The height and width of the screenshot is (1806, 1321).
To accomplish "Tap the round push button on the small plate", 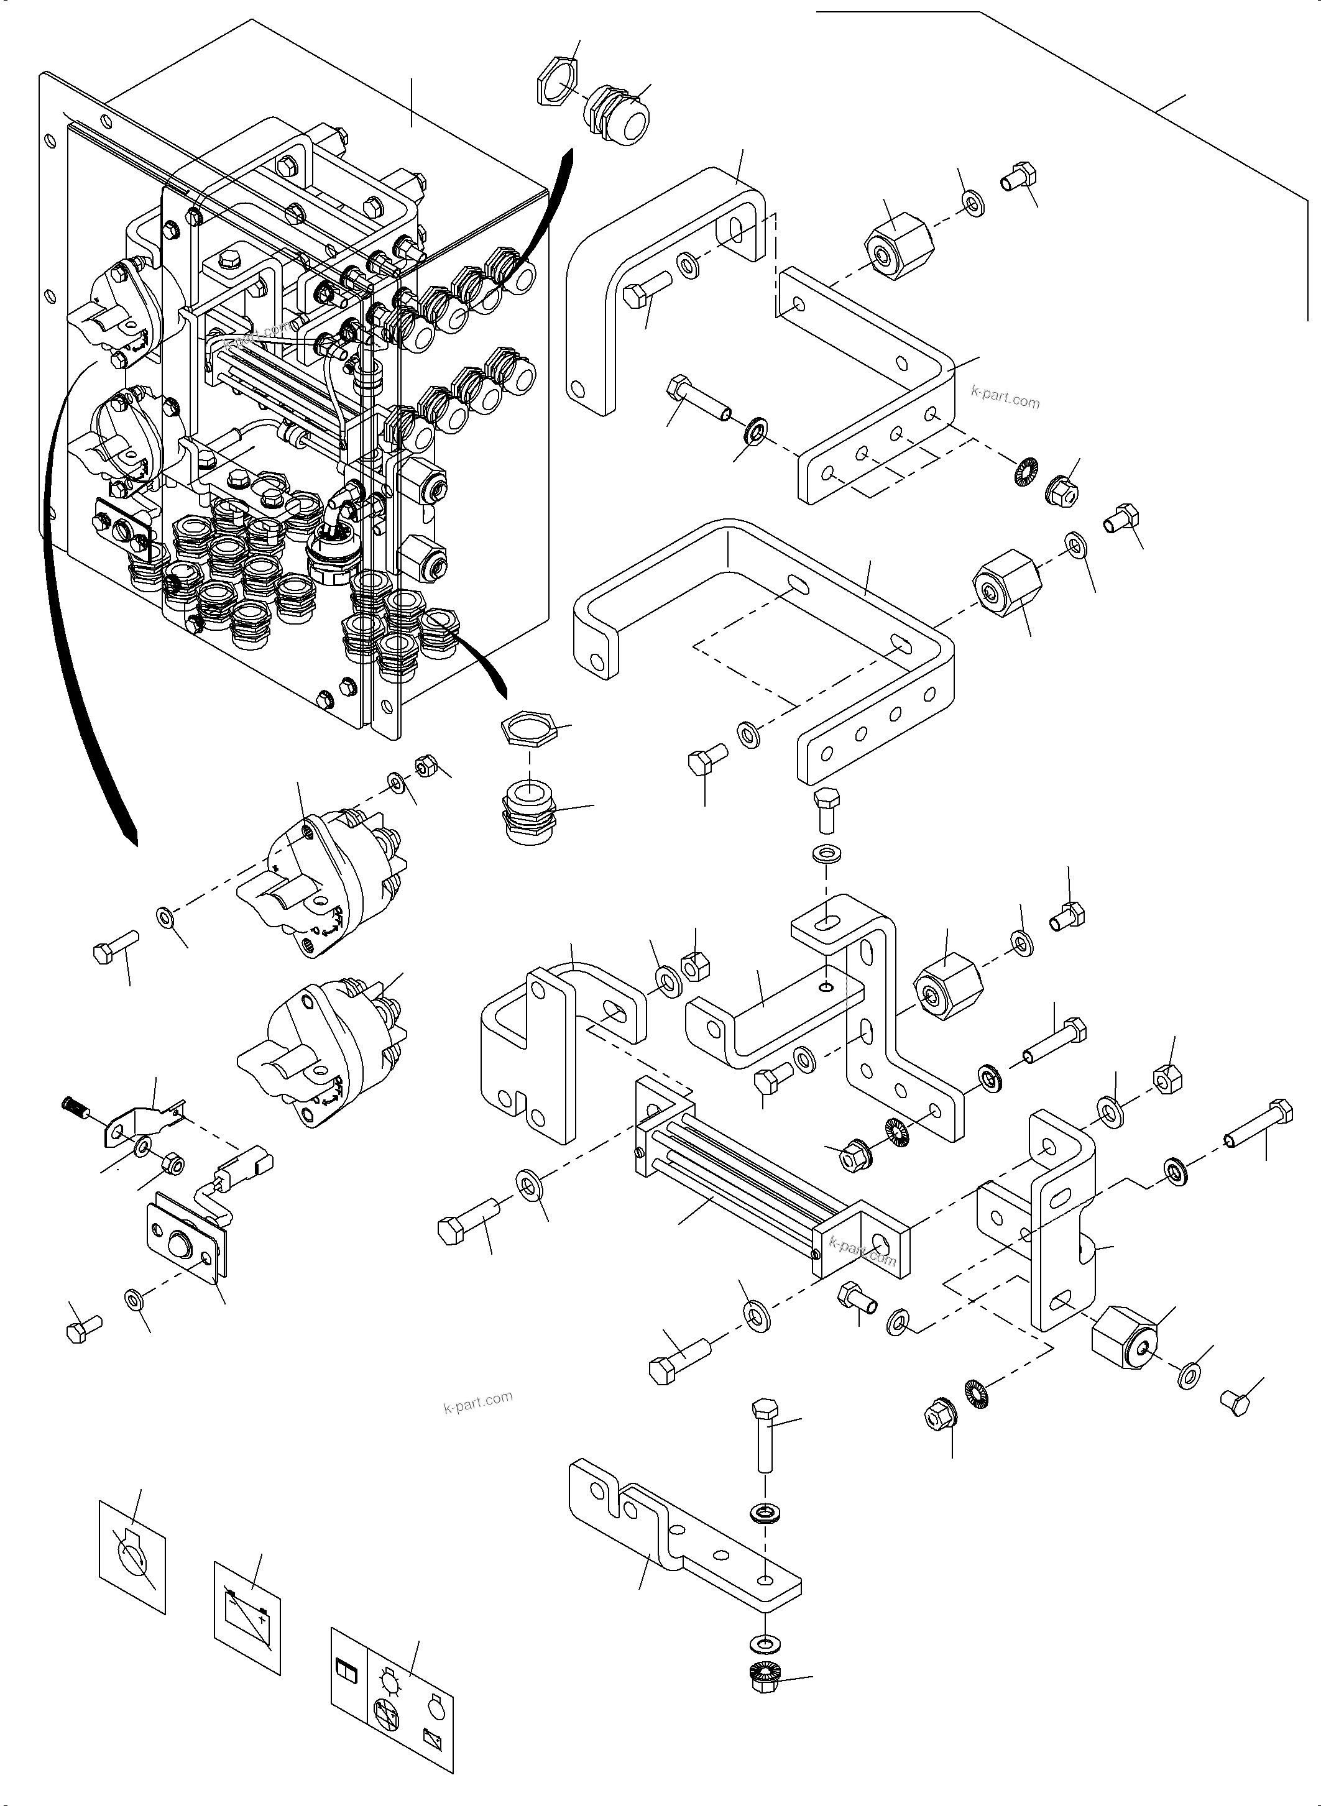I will (x=181, y=1248).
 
